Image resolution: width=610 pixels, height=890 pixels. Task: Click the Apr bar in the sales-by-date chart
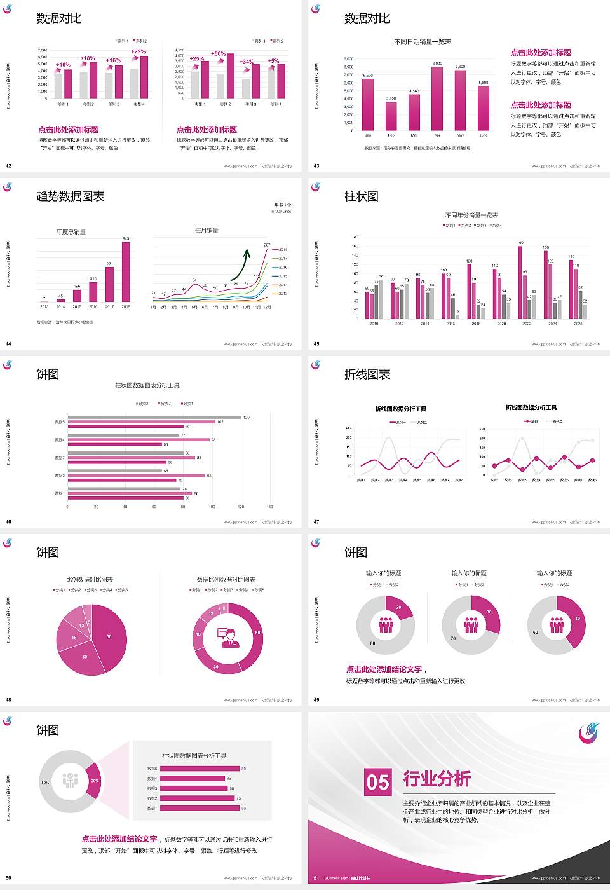(437, 99)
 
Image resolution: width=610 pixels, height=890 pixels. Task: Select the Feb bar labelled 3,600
(391, 116)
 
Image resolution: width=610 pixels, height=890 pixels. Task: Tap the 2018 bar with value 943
(126, 272)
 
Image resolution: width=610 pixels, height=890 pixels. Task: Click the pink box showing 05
(378, 782)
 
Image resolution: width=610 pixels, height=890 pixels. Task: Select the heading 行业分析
(437, 778)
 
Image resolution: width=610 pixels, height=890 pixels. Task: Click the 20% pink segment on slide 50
(94, 781)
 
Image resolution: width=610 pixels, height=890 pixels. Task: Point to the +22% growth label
(139, 51)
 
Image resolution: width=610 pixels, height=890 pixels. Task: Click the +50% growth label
(219, 54)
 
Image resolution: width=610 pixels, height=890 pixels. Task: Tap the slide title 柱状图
(362, 196)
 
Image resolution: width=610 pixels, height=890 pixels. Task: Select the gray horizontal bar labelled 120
(154, 417)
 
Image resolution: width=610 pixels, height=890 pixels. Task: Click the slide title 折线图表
(367, 374)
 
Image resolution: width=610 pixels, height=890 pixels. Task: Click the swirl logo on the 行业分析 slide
(588, 732)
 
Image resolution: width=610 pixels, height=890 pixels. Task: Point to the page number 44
(8, 344)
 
